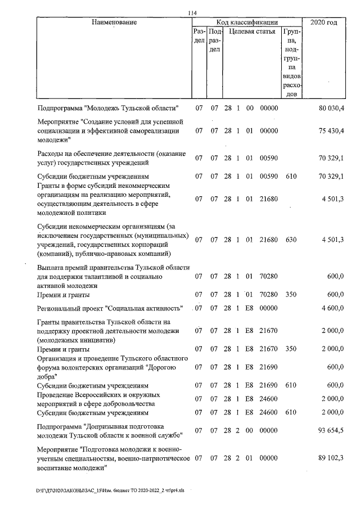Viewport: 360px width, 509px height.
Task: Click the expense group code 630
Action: click(x=290, y=240)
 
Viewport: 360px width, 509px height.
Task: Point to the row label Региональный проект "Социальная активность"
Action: click(x=111, y=309)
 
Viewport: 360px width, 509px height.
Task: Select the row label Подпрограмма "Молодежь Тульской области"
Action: click(x=108, y=108)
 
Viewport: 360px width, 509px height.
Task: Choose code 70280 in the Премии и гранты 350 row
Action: click(x=269, y=294)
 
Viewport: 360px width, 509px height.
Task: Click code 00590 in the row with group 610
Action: click(x=269, y=177)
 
